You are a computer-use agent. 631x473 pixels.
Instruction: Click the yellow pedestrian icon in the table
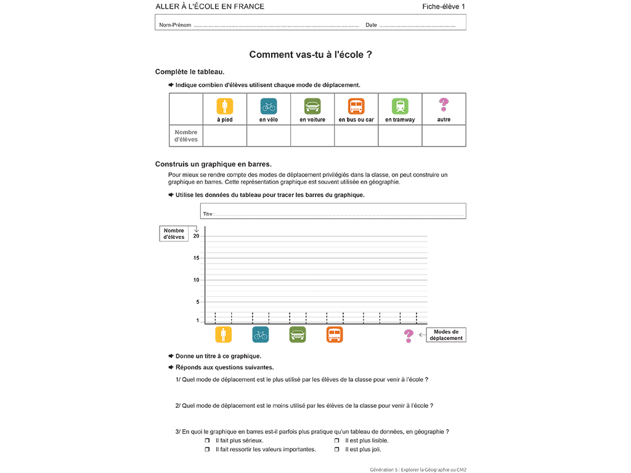coord(224,106)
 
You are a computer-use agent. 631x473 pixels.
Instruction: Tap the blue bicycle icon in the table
coord(269,106)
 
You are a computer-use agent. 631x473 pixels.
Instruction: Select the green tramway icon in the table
coord(400,106)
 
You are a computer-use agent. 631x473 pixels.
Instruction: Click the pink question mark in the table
coord(444,105)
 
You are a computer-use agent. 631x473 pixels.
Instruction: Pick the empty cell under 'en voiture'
coord(312,135)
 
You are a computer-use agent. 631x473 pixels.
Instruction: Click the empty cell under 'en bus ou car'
coord(356,135)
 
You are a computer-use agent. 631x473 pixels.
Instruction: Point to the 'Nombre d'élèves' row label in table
coord(186,135)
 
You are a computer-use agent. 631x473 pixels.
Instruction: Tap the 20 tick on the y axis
coord(197,236)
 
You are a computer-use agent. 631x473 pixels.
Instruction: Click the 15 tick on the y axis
coord(197,258)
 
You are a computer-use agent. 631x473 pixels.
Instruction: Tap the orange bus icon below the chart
coord(335,334)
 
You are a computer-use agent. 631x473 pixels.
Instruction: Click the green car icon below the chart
coord(298,334)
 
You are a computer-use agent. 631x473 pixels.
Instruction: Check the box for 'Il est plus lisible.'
coord(337,440)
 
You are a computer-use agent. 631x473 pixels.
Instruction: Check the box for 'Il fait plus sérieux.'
coord(207,440)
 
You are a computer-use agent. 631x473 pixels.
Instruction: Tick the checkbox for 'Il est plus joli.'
coord(337,450)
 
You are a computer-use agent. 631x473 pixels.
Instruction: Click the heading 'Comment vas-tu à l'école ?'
coord(310,55)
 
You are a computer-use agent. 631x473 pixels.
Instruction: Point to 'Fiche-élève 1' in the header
coord(444,7)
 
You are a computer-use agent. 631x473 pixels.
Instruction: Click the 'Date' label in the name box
coord(371,25)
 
